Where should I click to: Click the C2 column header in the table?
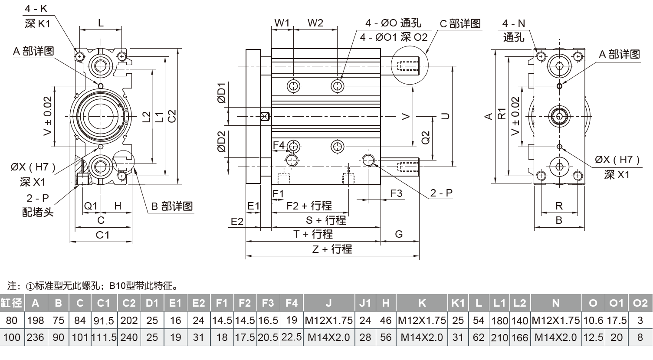[x=129, y=303]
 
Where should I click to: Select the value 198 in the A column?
[x=36, y=321]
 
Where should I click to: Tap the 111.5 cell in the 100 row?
[x=103, y=337]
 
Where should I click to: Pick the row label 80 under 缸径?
[x=12, y=321]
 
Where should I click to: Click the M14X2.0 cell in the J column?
[x=328, y=337]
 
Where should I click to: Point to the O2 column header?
[x=640, y=303]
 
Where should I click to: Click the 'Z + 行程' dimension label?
[x=332, y=249]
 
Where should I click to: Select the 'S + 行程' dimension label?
[x=326, y=220]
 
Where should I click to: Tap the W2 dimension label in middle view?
[x=315, y=23]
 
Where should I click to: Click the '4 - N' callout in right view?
[x=513, y=23]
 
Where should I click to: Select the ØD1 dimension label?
[x=222, y=92]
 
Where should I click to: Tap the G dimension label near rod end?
[x=399, y=234]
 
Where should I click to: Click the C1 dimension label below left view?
[x=102, y=235]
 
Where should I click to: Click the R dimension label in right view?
[x=559, y=206]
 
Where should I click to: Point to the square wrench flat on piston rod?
[x=264, y=117]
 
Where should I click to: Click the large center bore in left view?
[x=101, y=116]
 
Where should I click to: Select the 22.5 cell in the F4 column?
[x=292, y=337]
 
